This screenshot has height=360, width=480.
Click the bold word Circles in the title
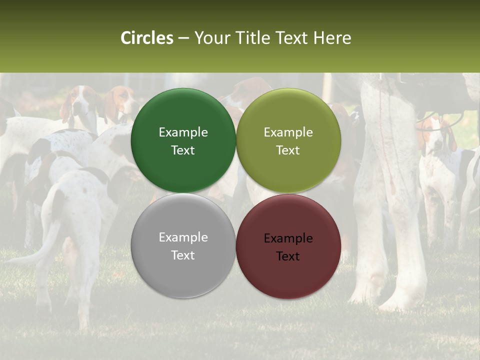click(146, 38)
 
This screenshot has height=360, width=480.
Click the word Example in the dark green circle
click(183, 132)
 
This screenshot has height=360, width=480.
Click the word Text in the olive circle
click(288, 150)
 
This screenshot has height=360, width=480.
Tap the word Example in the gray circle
click(183, 237)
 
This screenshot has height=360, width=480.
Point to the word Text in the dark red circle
click(288, 256)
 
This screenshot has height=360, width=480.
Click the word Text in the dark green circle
click(183, 150)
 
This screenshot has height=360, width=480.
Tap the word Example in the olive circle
click(288, 132)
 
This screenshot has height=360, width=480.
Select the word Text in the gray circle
click(183, 255)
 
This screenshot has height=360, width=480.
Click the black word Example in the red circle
click(288, 238)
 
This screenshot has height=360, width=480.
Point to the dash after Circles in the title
click(183, 38)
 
